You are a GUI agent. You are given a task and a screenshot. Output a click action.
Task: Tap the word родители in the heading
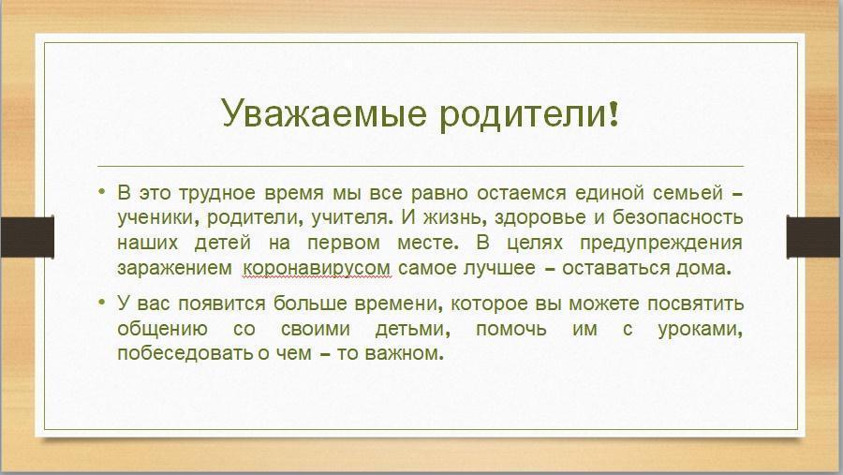pyautogui.click(x=523, y=113)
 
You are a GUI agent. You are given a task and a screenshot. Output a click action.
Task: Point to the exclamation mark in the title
pyautogui.click(x=614, y=113)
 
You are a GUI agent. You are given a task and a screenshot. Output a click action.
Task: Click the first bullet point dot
pyautogui.click(x=102, y=191)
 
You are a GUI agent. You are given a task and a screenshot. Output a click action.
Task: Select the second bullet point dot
pyautogui.click(x=102, y=302)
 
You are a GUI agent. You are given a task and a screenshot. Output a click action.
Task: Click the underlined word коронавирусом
pyautogui.click(x=317, y=269)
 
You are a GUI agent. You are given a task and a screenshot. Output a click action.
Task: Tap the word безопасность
pyautogui.click(x=677, y=217)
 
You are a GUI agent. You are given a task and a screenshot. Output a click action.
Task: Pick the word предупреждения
pyautogui.click(x=660, y=244)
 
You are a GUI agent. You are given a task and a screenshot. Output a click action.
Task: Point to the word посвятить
pyautogui.click(x=695, y=304)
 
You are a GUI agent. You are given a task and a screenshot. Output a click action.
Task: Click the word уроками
pyautogui.click(x=701, y=329)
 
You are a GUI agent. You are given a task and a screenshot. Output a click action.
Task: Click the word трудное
pyautogui.click(x=216, y=194)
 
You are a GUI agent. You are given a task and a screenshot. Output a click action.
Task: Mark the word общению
pyautogui.click(x=162, y=329)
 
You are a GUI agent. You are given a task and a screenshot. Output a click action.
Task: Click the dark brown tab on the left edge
pyautogui.click(x=27, y=237)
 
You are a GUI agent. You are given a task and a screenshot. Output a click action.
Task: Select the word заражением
pyautogui.click(x=175, y=269)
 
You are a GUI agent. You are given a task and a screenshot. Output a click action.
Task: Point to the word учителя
pyautogui.click(x=349, y=218)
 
